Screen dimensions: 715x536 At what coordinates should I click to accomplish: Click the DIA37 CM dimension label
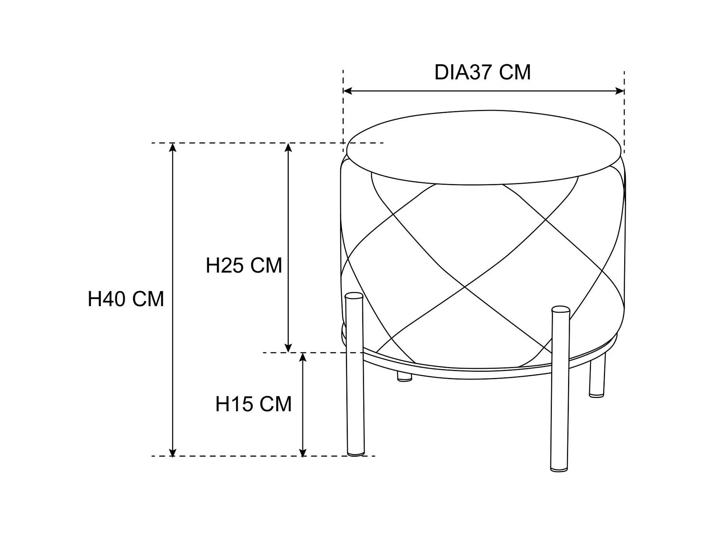482,72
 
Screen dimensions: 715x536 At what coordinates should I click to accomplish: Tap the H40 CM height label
126,299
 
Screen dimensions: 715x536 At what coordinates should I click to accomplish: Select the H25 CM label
244,266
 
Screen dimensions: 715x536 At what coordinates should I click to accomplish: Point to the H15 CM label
253,404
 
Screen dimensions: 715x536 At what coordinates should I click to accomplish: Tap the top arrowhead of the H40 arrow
173,148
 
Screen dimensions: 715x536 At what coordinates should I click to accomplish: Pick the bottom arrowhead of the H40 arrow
173,452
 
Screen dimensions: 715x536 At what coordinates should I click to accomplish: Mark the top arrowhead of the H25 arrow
288,148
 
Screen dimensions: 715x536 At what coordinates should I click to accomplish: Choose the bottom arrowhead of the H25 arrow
288,348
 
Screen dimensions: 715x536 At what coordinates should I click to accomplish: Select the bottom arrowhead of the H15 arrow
303,452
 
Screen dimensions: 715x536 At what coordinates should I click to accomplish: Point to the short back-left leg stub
404,377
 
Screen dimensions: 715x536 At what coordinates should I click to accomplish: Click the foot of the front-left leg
356,453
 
